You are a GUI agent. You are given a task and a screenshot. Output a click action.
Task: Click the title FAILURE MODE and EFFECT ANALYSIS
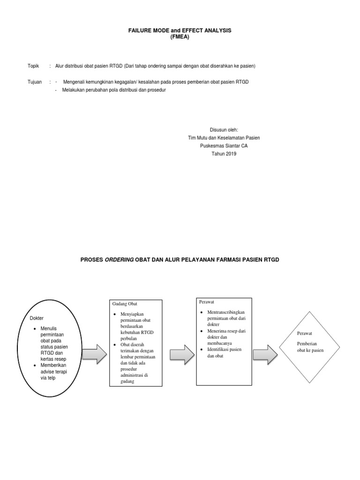coord(180,30)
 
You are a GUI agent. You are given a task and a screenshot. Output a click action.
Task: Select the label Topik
coord(33,66)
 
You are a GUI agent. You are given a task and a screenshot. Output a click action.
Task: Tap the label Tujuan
coord(35,82)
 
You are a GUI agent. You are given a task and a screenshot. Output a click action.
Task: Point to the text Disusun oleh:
coord(224,129)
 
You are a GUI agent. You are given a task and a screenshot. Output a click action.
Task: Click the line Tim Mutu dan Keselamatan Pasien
coord(224,138)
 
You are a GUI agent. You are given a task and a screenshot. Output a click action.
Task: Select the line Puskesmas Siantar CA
coord(224,146)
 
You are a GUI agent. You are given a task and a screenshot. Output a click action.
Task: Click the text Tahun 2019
coord(224,154)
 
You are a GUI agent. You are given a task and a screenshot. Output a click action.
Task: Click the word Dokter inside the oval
coord(36,319)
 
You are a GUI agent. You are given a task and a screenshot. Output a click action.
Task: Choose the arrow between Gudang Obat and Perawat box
coord(182,353)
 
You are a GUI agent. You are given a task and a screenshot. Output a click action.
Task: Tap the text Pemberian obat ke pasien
coord(310,347)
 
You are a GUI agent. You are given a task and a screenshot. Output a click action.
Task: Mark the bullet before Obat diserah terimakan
coord(114,345)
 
